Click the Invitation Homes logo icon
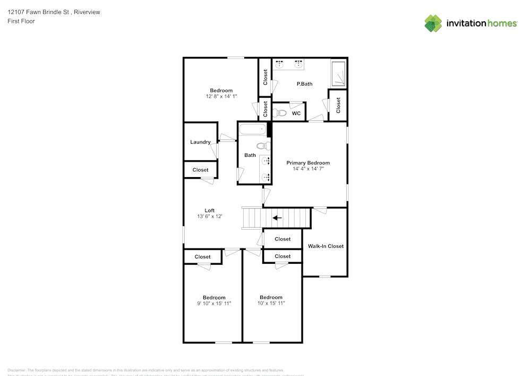433,23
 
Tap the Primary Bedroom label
308,163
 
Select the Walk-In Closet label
326,246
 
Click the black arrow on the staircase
277,218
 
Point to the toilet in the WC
280,113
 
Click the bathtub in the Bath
252,129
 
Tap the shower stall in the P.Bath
338,73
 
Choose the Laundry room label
200,142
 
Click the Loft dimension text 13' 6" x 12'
210,216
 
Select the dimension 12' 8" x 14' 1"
221,96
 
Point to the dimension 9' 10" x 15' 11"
214,303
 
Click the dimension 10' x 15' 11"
271,303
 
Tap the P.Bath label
304,83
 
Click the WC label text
296,113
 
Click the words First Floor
21,21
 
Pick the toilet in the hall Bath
262,146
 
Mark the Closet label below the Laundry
201,170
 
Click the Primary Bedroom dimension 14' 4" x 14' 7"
308,169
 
